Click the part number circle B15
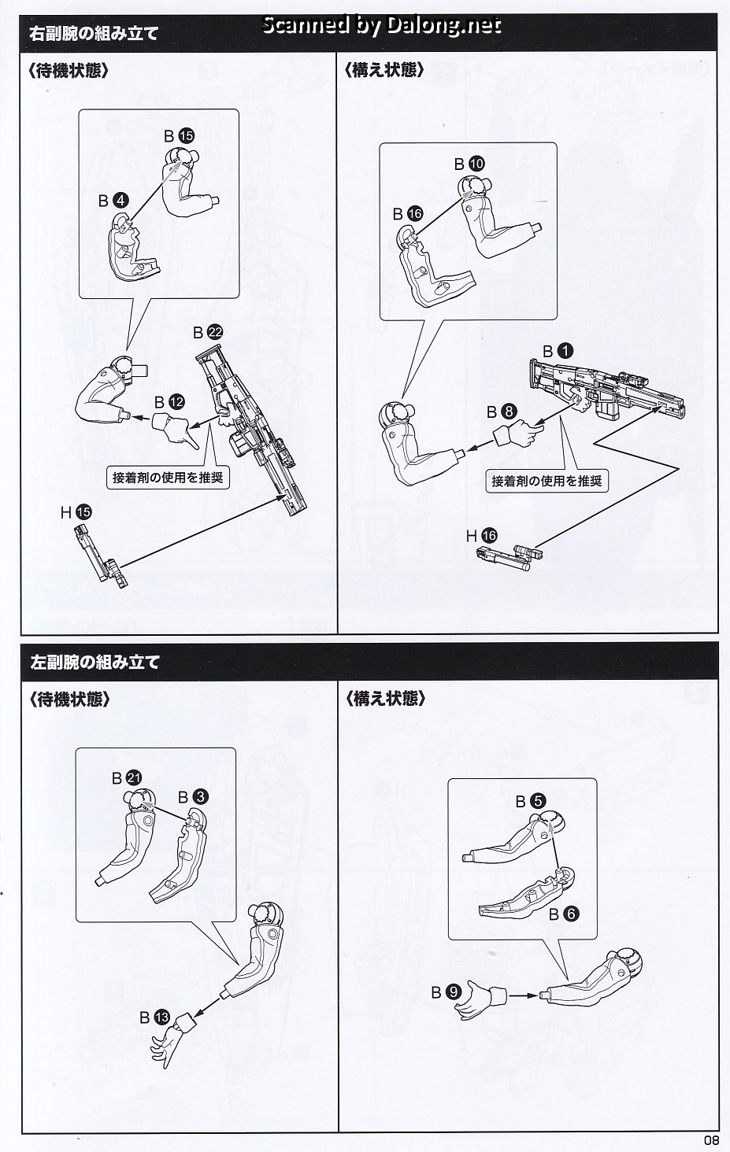(x=186, y=136)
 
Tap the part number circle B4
(x=120, y=201)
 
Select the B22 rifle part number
(x=215, y=333)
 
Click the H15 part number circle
(x=83, y=512)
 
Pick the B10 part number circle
(x=476, y=164)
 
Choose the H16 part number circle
(x=489, y=536)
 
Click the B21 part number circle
(x=133, y=778)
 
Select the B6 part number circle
(x=571, y=914)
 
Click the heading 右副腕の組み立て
(x=94, y=34)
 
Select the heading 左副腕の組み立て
(x=94, y=662)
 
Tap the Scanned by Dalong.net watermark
(x=380, y=25)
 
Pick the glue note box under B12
(x=168, y=477)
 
